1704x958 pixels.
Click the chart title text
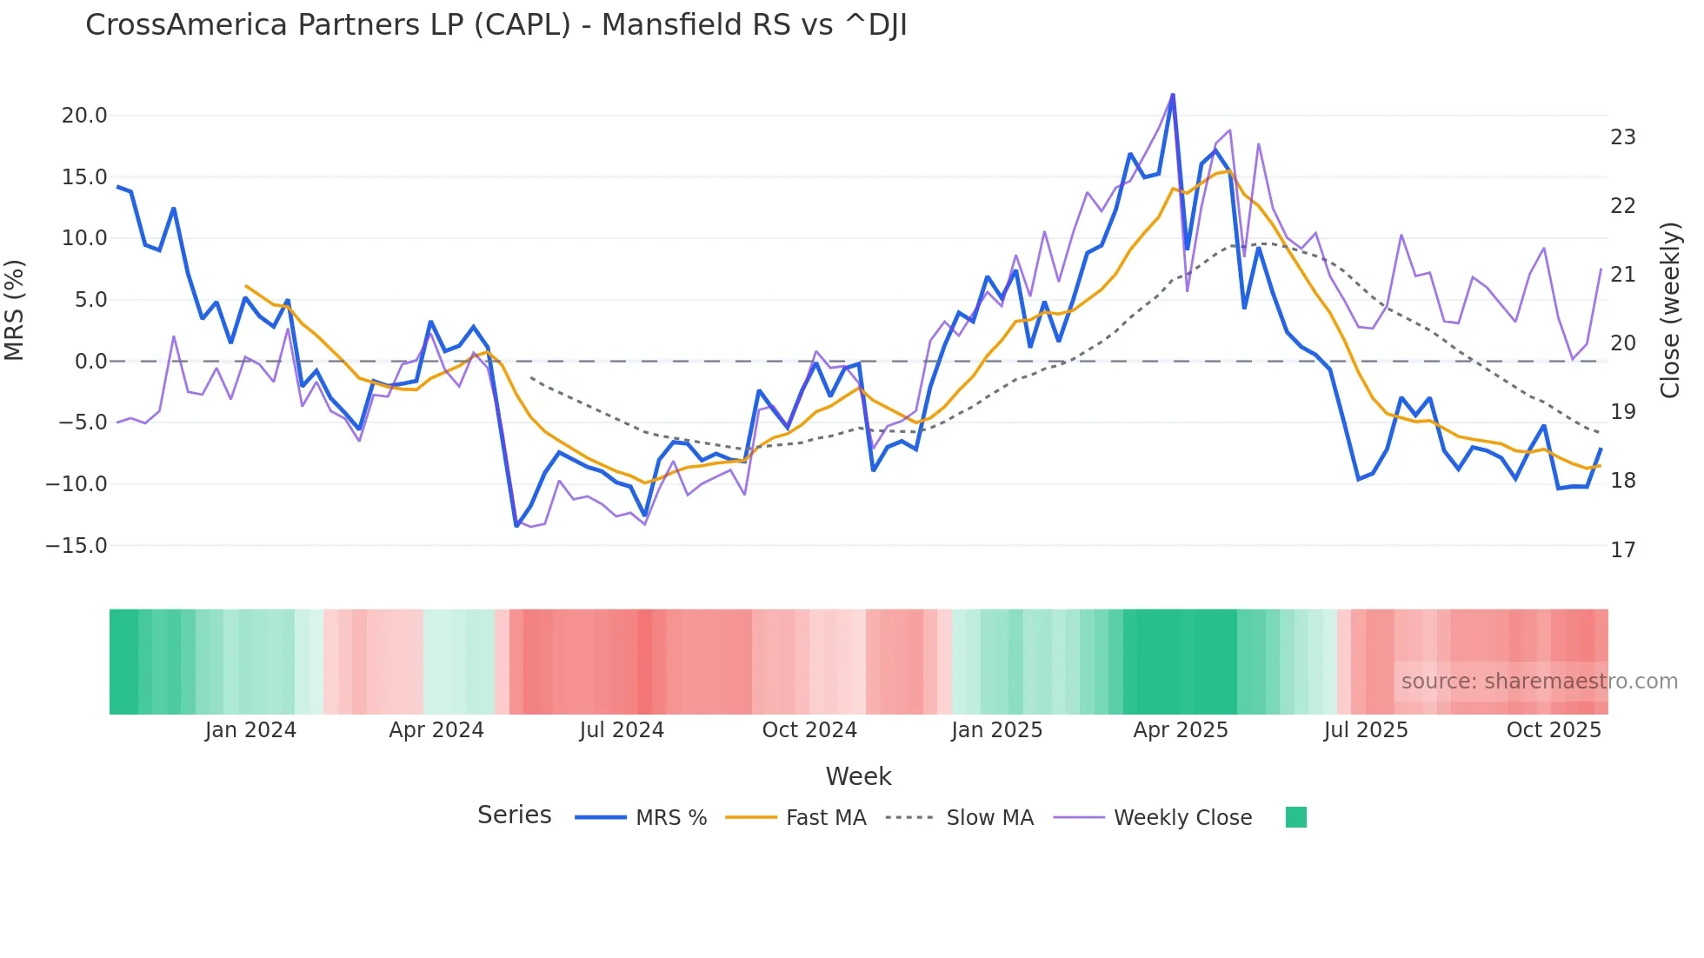(x=496, y=25)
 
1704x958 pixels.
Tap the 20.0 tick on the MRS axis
(x=84, y=116)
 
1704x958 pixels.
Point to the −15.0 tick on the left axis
(x=77, y=546)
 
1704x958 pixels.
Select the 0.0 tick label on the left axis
(x=90, y=362)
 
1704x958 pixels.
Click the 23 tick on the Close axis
(x=1622, y=137)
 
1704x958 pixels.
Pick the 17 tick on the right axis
(x=1622, y=550)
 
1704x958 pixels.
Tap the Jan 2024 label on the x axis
(x=250, y=730)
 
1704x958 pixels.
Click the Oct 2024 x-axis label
(x=809, y=730)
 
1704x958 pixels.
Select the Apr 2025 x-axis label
(x=1180, y=730)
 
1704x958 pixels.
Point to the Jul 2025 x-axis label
(x=1366, y=730)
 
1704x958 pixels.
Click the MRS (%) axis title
(x=15, y=310)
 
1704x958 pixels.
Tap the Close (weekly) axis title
(x=1670, y=310)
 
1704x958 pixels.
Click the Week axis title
(x=858, y=776)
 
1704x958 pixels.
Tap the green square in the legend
(x=1295, y=817)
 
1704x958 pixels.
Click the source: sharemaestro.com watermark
(x=1539, y=682)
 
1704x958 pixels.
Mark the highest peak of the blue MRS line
(x=1173, y=95)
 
